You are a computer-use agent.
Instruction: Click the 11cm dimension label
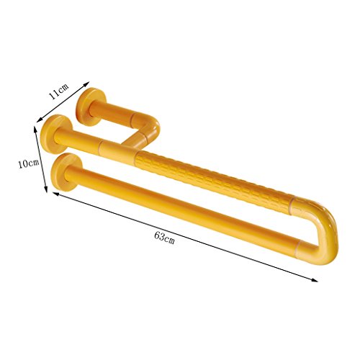pyautogui.click(x=58, y=91)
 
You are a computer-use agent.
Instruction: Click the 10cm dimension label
pyautogui.click(x=29, y=164)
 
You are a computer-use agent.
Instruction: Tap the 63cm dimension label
pyautogui.click(x=164, y=238)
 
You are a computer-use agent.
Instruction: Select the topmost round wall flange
pyautogui.click(x=91, y=107)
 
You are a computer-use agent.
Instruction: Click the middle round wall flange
pyautogui.click(x=56, y=134)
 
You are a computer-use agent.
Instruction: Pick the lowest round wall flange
pyautogui.click(x=67, y=172)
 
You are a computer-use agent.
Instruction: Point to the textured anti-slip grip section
pyautogui.click(x=214, y=182)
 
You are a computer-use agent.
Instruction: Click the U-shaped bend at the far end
pyautogui.click(x=319, y=228)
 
